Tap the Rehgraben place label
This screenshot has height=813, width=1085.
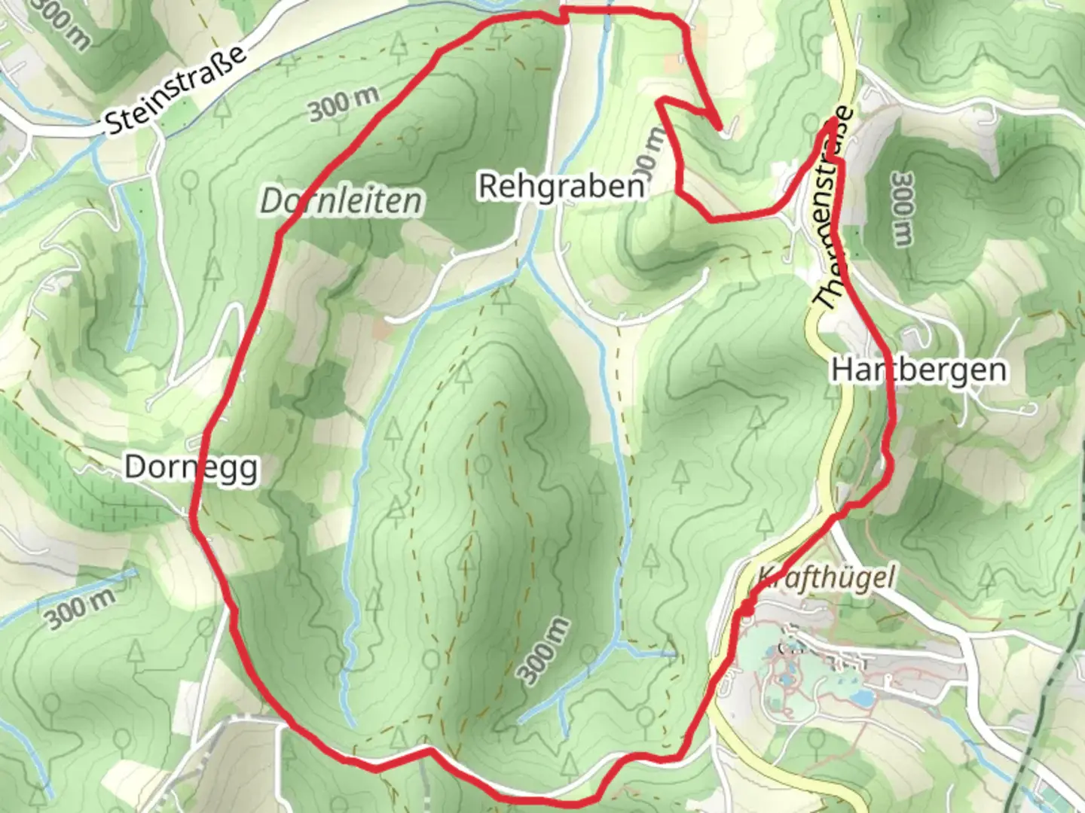coord(561,186)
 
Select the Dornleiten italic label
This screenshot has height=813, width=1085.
coord(341,201)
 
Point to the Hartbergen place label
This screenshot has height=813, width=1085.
coord(918,370)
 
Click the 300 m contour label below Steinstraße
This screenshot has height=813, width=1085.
coord(343,105)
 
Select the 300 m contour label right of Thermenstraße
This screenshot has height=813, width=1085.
coord(901,209)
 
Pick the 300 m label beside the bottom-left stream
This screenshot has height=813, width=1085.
coord(81,608)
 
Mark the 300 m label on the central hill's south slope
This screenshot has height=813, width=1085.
coord(544,651)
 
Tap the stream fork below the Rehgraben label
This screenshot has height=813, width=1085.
coord(529,260)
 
